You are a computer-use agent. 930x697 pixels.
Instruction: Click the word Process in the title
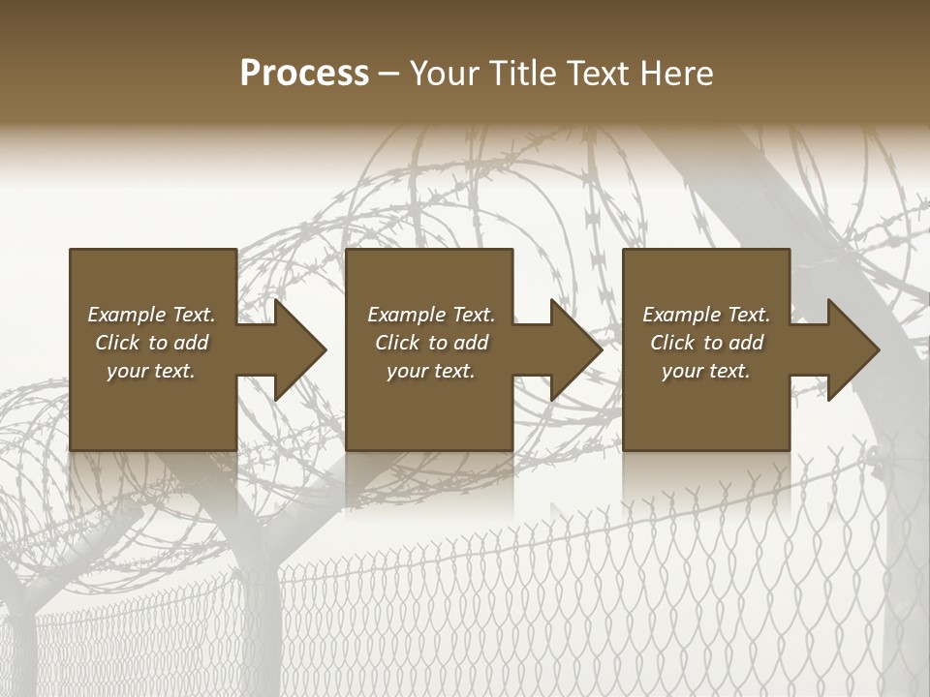click(304, 74)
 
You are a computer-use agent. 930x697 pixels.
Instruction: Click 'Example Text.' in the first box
click(151, 315)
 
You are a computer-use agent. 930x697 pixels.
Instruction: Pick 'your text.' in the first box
click(151, 371)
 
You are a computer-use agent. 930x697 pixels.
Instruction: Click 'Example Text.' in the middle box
click(431, 315)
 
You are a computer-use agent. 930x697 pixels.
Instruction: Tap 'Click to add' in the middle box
click(431, 343)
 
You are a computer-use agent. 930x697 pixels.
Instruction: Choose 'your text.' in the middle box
click(431, 371)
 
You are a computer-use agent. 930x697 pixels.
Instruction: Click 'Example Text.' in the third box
click(706, 315)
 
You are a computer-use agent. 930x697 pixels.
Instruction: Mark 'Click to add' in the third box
click(706, 343)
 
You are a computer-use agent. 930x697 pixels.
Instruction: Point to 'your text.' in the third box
click(706, 371)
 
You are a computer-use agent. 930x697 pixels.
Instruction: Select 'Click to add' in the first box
click(151, 343)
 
